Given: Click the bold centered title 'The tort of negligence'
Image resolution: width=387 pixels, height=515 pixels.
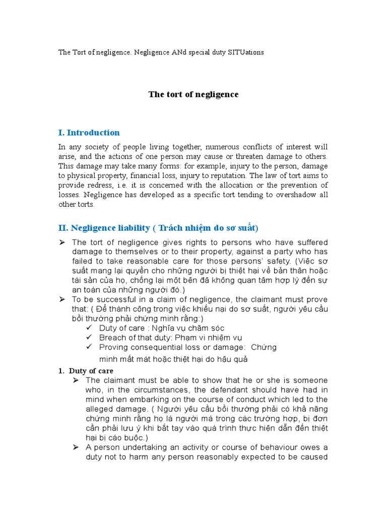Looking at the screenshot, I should click(x=193, y=95).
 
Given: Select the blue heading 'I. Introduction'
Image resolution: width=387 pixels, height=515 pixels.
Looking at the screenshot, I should click(x=89, y=133).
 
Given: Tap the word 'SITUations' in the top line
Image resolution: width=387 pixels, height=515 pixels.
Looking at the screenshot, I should click(x=247, y=52).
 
